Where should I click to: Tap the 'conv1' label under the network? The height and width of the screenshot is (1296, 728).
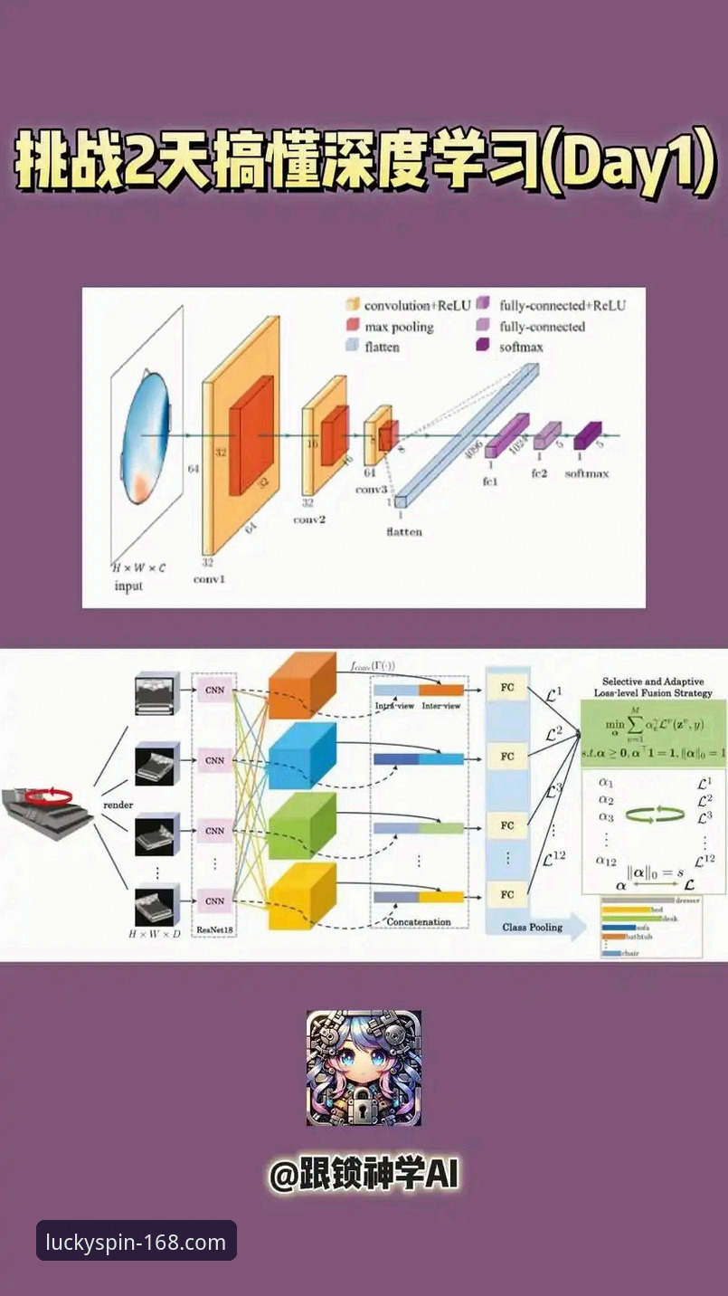coord(209,579)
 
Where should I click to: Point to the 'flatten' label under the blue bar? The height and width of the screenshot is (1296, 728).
coord(403,532)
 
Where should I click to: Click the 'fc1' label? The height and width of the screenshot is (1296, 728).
coord(491,481)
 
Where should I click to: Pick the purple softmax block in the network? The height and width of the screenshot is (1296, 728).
coord(587,437)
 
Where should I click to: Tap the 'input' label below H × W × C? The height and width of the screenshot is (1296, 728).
coord(128,586)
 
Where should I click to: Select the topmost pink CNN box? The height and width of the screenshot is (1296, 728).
coord(214,690)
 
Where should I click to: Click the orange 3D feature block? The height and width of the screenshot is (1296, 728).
coord(302,685)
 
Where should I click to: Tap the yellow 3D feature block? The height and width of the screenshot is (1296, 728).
coord(302,895)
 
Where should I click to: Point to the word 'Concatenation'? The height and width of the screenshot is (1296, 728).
coord(419,922)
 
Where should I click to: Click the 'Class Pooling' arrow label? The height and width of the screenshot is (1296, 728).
coord(533,927)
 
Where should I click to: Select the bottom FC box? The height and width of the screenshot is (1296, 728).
coord(507,895)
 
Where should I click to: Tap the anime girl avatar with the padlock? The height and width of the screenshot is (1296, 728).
coord(364,1068)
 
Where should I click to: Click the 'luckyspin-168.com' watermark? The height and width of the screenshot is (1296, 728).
coord(136,1242)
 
